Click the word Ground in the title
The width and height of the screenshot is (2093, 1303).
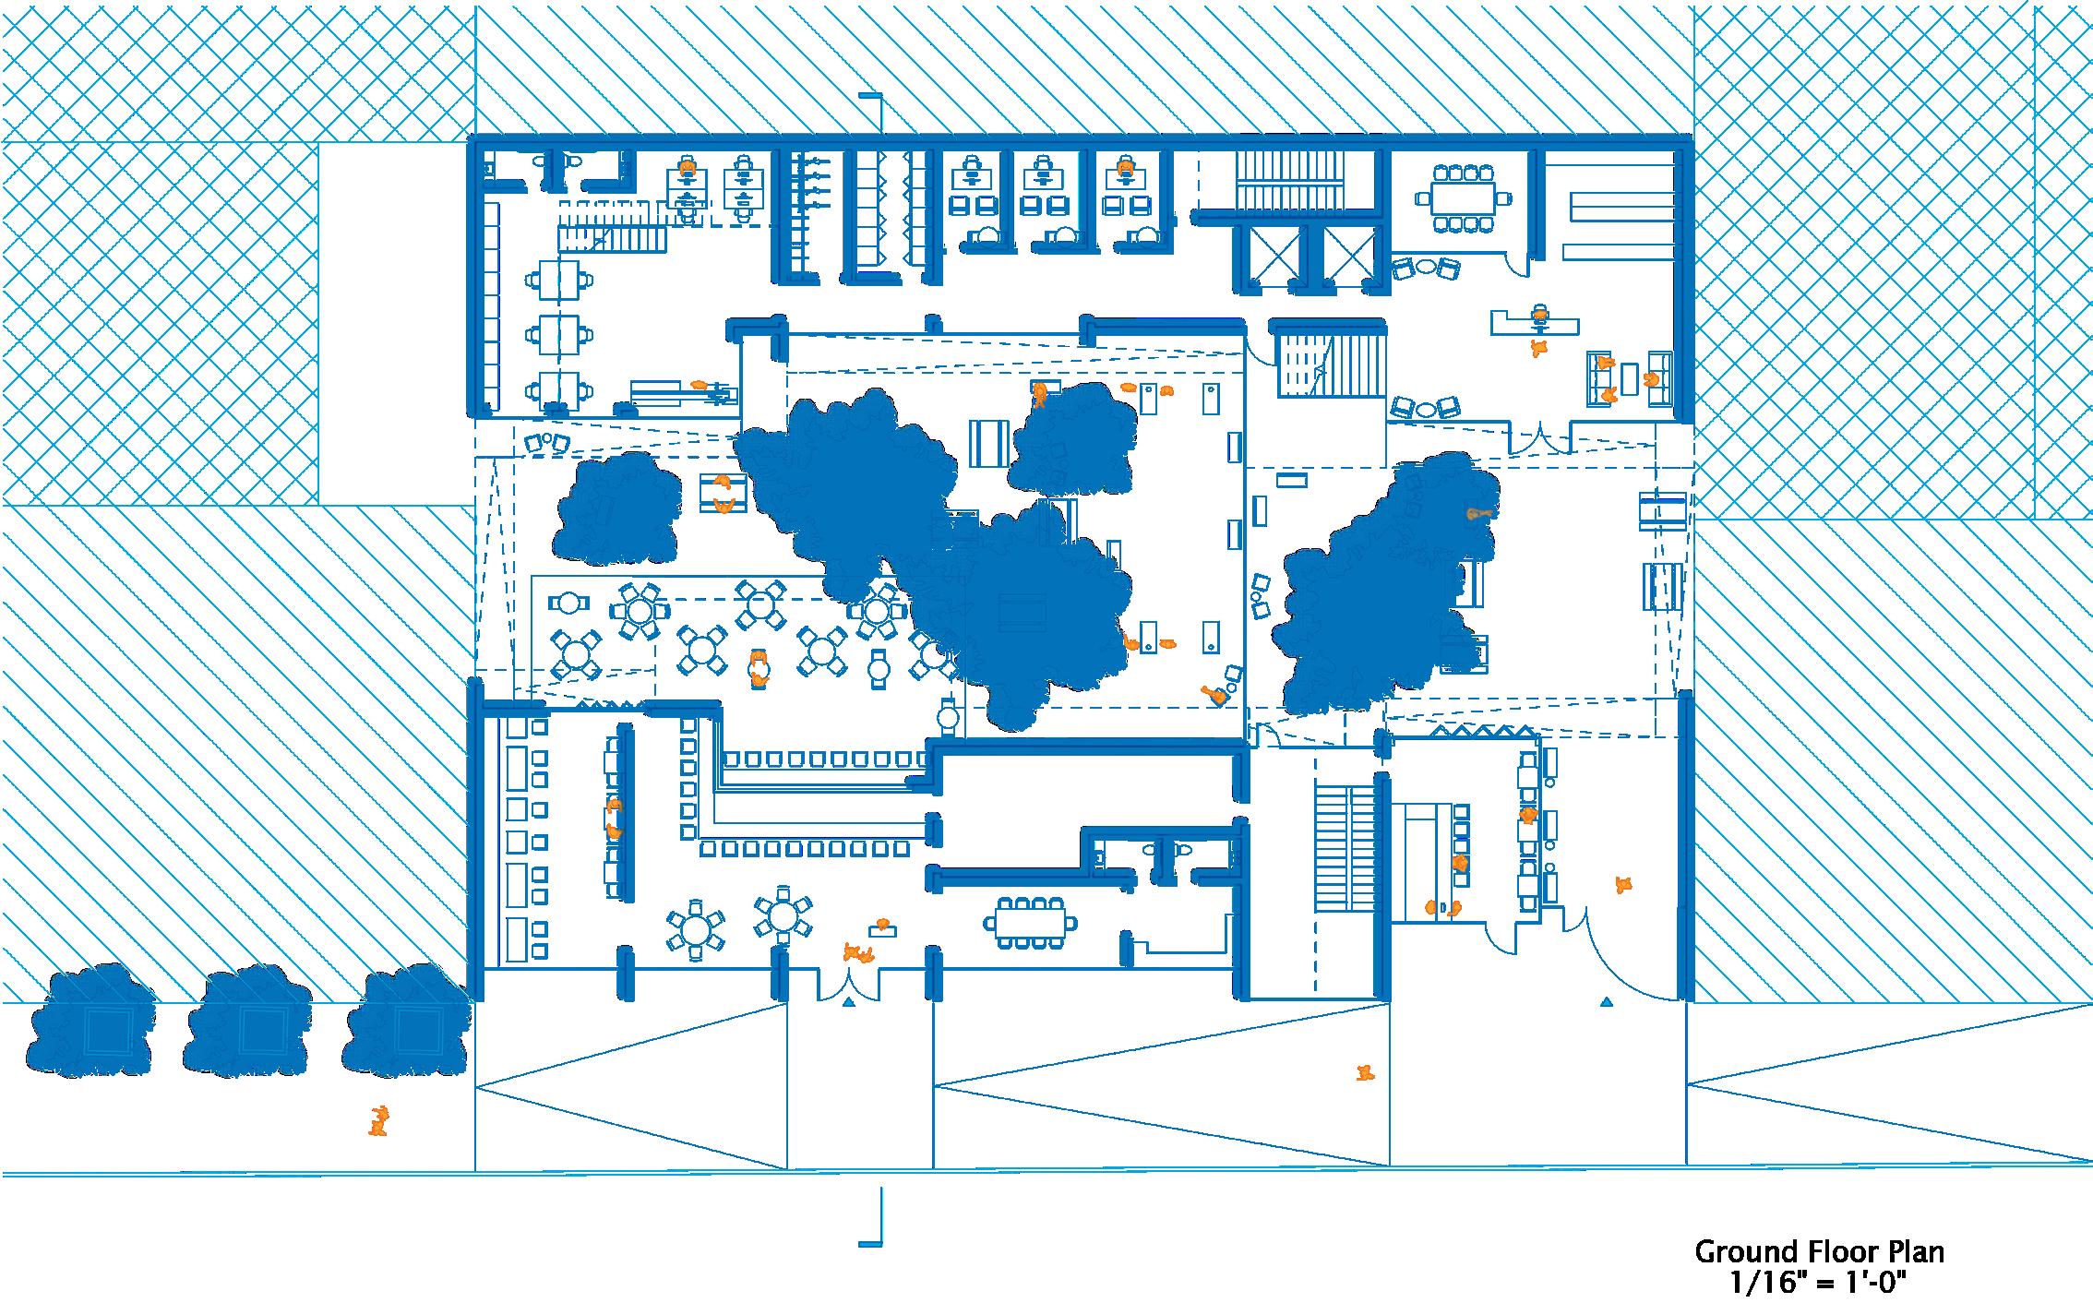point(1744,1252)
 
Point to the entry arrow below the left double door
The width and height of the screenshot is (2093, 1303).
point(849,1001)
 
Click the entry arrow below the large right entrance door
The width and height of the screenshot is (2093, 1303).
point(1607,1001)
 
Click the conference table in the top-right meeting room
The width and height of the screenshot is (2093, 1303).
point(1464,197)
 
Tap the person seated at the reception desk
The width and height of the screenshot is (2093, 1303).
point(1539,314)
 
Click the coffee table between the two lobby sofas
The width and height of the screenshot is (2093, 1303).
point(1630,377)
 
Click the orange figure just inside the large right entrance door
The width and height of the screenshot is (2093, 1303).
point(1623,884)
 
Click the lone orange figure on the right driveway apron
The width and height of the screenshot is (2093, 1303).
point(1365,1072)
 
